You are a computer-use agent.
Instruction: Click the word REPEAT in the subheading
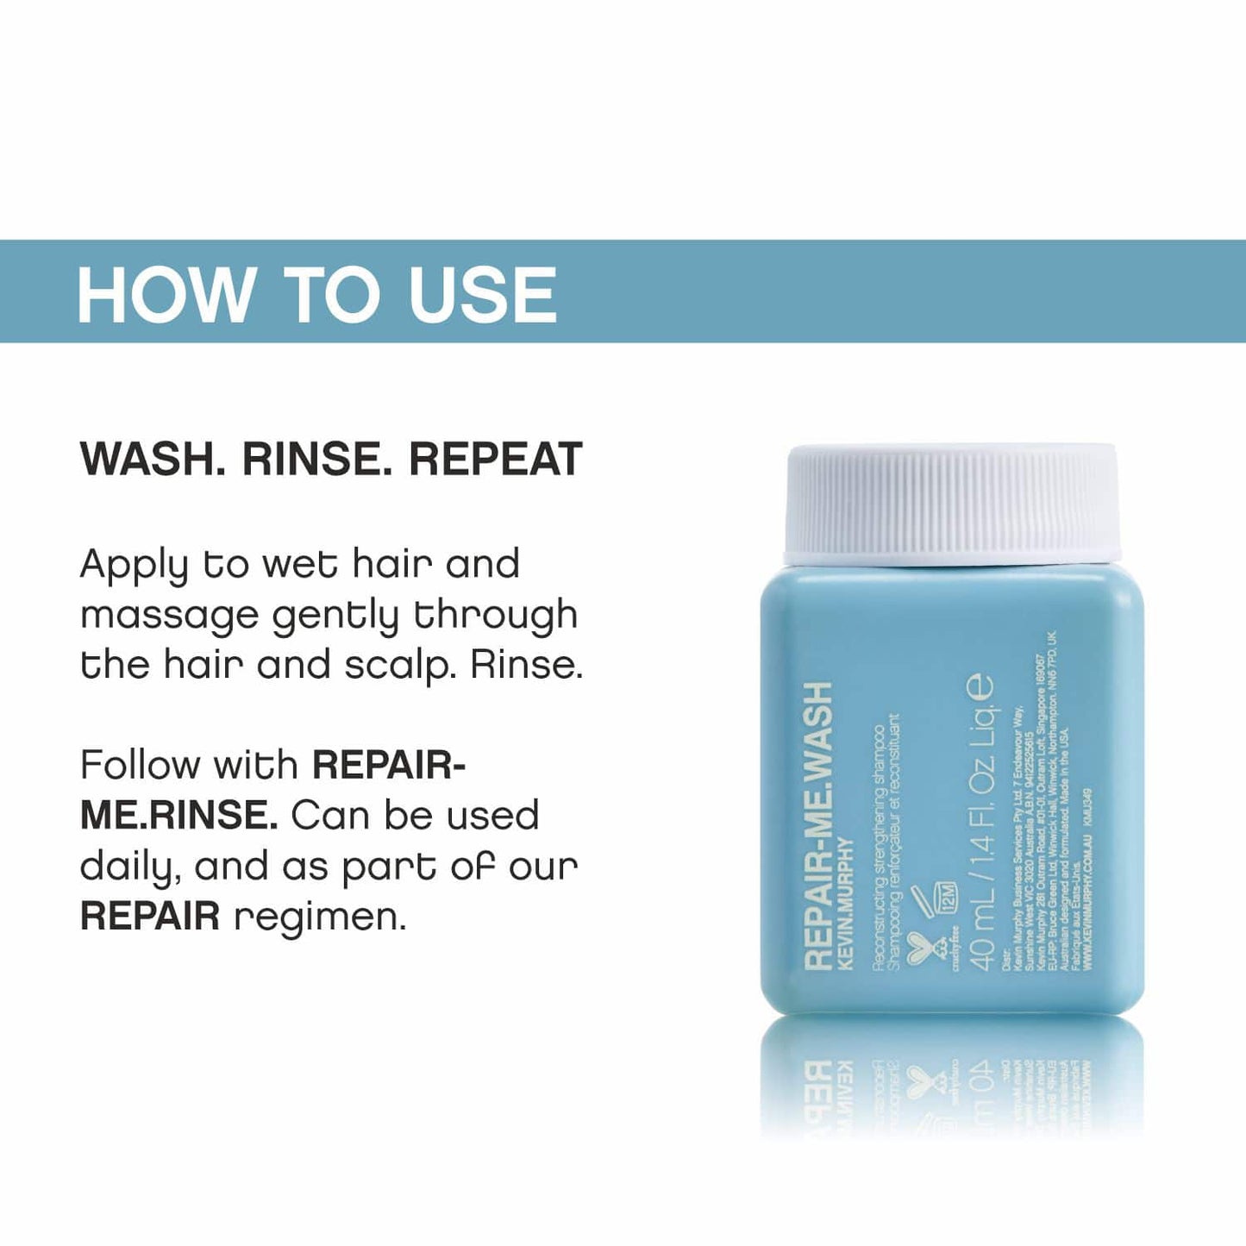pos(496,459)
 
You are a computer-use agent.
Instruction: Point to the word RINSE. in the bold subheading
pos(316,459)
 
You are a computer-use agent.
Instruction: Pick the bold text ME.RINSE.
pos(178,816)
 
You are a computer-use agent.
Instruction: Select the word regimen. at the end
pos(320,917)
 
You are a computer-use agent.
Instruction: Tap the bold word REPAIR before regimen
pos(150,917)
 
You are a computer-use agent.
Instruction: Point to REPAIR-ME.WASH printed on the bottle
pos(817,828)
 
